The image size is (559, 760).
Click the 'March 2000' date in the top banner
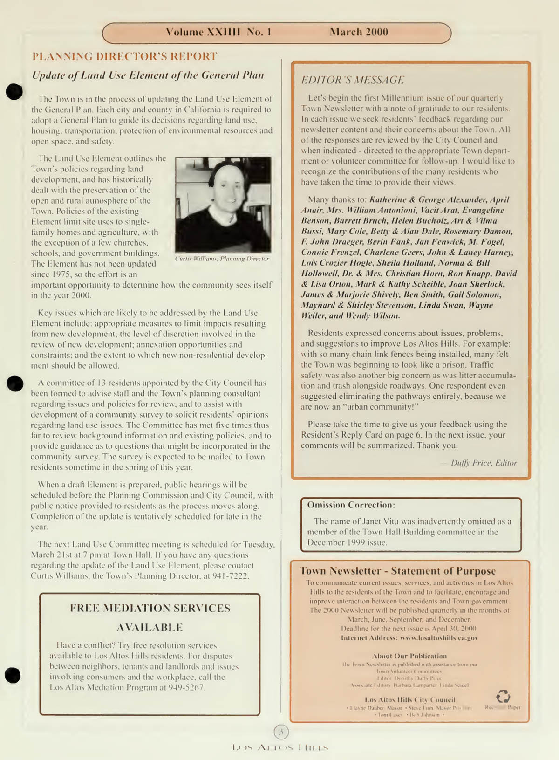click(359, 32)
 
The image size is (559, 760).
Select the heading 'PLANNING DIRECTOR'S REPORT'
click(125, 57)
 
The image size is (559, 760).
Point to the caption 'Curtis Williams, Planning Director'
click(222, 259)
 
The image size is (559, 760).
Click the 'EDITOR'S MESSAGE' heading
click(353, 80)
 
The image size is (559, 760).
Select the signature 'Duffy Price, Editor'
click(484, 463)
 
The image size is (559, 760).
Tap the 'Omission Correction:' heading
click(351, 505)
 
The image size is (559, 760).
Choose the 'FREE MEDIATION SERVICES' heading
click(150, 608)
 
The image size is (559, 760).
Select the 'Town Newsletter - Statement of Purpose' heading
click(397, 571)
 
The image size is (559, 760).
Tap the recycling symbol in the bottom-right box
click(503, 696)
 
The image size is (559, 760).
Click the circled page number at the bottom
click(281, 732)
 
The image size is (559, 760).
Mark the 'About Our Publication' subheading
click(409, 656)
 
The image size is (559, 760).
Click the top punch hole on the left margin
click(14, 91)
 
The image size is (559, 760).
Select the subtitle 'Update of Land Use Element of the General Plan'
click(148, 75)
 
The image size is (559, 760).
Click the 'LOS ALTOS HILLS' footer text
click(280, 748)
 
